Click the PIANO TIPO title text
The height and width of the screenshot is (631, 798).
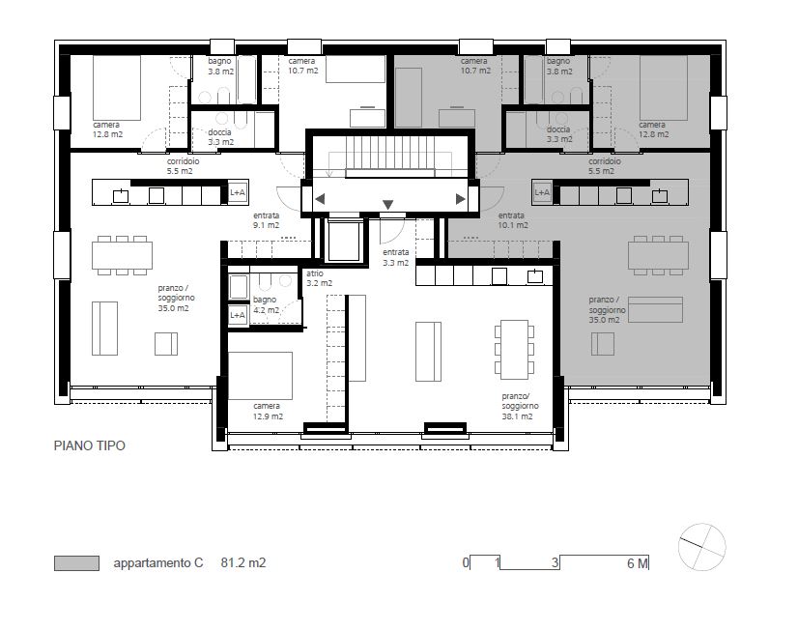90,445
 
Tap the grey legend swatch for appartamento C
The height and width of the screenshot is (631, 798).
77,563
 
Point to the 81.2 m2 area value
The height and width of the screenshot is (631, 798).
243,562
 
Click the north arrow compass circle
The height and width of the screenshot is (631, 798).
702,547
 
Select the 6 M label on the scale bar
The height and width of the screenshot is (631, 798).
638,563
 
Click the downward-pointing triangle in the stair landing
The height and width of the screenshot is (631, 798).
387,205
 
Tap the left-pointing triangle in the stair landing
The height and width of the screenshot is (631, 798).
320,199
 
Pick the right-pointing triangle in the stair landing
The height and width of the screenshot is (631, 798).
461,199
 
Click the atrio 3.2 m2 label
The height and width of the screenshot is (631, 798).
319,278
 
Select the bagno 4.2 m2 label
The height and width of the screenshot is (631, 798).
266,304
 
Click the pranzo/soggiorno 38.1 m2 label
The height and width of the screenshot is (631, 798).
519,406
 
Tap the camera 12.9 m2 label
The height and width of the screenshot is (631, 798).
268,412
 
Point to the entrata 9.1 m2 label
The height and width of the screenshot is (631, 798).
267,220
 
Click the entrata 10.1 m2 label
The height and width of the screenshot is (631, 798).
512,220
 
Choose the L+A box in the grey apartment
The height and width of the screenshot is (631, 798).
542,192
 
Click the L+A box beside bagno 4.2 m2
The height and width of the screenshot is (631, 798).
238,315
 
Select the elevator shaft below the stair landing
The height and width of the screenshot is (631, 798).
345,242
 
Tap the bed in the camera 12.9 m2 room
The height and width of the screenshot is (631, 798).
260,376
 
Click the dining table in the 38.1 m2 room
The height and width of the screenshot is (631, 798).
514,350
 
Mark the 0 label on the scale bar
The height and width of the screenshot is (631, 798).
466,562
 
